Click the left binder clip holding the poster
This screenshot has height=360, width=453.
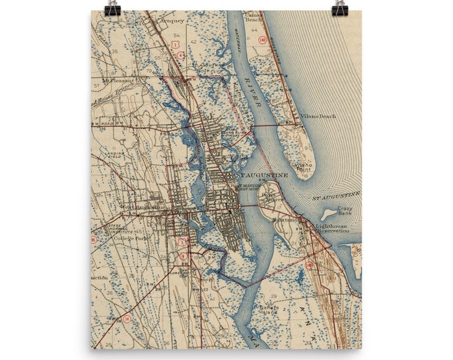click(111, 8)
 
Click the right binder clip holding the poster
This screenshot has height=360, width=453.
click(340, 8)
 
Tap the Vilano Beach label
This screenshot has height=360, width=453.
click(318, 116)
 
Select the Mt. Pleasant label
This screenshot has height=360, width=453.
click(118, 80)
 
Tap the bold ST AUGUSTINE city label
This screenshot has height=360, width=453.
click(263, 175)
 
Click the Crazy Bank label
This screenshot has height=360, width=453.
click(345, 211)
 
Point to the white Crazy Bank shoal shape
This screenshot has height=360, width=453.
click(328, 215)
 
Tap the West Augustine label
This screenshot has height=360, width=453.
click(142, 207)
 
